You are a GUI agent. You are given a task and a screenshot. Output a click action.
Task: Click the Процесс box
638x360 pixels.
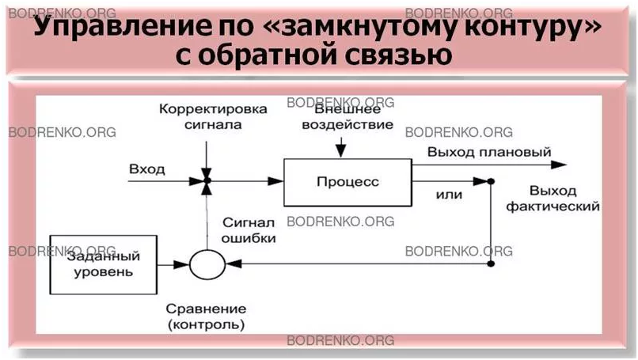(x=347, y=182)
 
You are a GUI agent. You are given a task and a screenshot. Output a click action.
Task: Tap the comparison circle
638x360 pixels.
(x=207, y=263)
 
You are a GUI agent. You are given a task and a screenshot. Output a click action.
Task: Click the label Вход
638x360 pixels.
(x=146, y=169)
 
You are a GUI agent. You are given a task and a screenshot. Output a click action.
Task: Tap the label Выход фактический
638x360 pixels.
(x=564, y=199)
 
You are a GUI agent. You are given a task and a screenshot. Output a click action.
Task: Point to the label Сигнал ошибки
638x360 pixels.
(x=249, y=229)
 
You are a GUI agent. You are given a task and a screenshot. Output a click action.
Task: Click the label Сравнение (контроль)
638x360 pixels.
(x=207, y=316)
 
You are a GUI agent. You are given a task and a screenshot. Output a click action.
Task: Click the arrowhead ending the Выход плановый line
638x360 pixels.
(x=560, y=165)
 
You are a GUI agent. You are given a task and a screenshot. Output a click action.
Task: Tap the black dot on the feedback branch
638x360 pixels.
(x=491, y=182)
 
